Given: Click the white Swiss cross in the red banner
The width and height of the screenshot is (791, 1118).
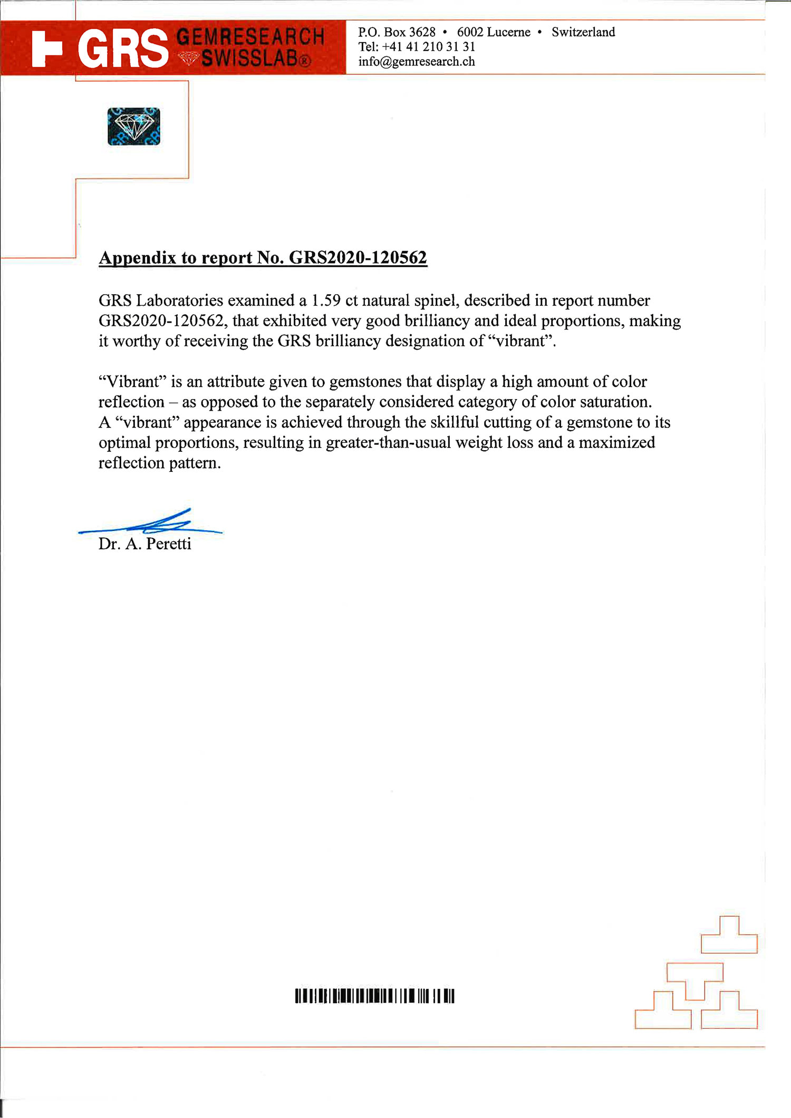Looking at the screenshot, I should click(46, 48).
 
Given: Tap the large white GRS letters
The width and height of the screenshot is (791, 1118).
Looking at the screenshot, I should click(123, 49).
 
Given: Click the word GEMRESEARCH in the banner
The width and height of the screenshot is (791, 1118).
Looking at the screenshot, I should click(250, 37).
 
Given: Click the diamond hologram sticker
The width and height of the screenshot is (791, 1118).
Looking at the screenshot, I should click(134, 127).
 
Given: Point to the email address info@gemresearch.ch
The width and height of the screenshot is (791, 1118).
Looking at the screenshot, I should click(417, 62).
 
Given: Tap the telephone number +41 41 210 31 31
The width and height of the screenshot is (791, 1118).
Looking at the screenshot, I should click(429, 47).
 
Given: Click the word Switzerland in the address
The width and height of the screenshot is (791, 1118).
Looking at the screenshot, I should click(583, 32).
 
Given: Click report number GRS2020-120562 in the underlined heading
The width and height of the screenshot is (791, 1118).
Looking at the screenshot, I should click(358, 257).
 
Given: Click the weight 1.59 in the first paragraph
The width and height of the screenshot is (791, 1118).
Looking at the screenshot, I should click(326, 300).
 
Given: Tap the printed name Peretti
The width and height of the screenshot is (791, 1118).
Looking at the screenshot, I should click(168, 544).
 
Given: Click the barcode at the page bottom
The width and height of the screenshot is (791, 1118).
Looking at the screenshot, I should click(374, 996).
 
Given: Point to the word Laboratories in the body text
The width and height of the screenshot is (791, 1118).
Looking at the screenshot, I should click(179, 300).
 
